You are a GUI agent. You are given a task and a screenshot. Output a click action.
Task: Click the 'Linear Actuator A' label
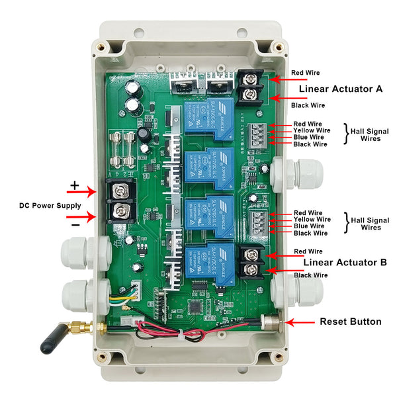click(341, 89)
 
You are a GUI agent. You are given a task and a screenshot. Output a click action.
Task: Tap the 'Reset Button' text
click(350, 322)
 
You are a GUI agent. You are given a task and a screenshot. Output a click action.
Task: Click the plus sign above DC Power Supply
click(75, 185)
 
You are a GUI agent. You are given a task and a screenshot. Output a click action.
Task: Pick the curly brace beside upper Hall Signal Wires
click(345, 134)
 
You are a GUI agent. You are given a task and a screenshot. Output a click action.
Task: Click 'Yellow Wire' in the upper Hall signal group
click(310, 130)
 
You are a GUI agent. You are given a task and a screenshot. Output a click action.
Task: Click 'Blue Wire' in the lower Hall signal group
click(310, 226)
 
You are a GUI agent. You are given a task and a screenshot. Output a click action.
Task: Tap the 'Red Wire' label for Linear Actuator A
click(307, 73)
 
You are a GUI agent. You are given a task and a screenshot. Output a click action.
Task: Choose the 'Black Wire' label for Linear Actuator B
click(310, 275)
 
